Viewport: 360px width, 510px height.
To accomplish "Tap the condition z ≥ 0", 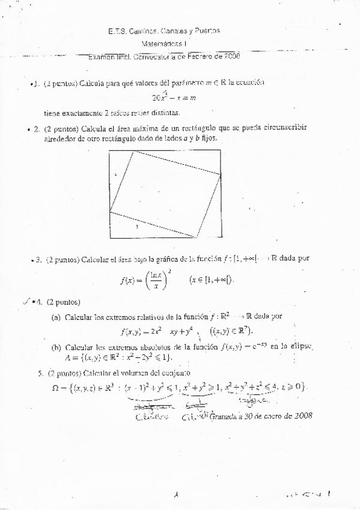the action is click(295, 386).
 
